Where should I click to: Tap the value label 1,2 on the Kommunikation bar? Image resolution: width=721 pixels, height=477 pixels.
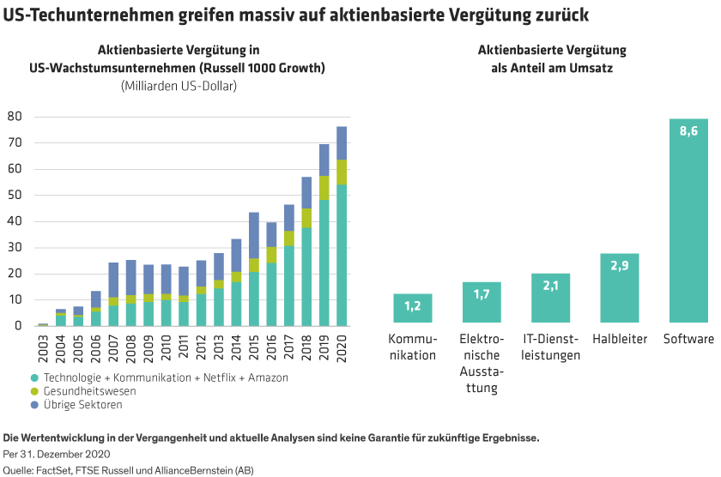click(x=412, y=305)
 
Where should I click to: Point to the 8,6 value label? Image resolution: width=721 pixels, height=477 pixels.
click(x=688, y=131)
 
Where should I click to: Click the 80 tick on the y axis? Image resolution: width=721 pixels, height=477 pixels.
click(x=14, y=116)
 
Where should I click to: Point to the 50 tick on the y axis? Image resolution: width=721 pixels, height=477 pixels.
click(x=14, y=195)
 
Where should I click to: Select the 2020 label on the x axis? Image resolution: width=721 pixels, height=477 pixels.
click(x=342, y=343)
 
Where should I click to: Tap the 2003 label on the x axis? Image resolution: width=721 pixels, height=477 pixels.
click(x=43, y=343)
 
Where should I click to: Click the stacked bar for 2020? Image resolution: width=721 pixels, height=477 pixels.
click(x=342, y=226)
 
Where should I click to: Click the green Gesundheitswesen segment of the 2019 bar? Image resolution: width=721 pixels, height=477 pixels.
click(x=324, y=188)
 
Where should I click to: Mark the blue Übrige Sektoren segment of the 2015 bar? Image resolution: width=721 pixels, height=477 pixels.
click(x=254, y=235)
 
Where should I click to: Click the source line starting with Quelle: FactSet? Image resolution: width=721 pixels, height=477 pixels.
click(x=129, y=469)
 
